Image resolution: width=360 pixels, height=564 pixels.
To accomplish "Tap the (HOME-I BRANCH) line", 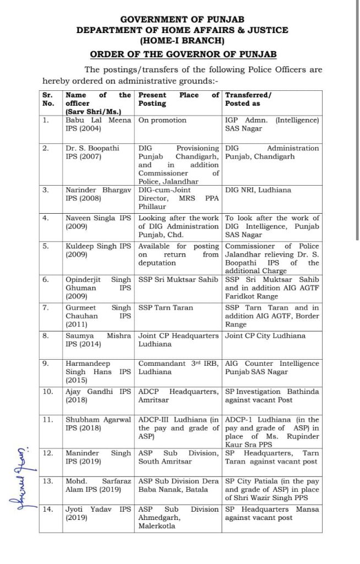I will click(182, 40).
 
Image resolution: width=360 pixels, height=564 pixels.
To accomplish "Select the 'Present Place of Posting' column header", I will click(178, 99).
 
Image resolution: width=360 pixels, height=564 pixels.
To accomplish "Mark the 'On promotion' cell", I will click(162, 120).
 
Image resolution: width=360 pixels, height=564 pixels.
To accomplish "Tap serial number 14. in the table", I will click(48, 509).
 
